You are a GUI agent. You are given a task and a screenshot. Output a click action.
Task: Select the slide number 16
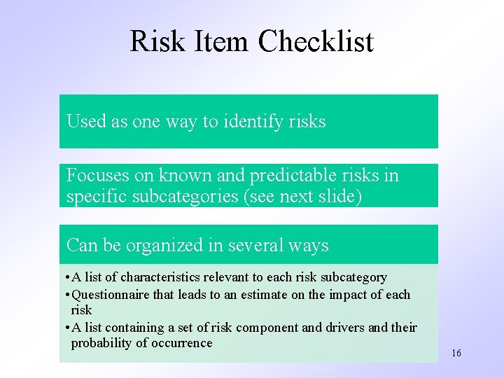(x=456, y=353)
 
